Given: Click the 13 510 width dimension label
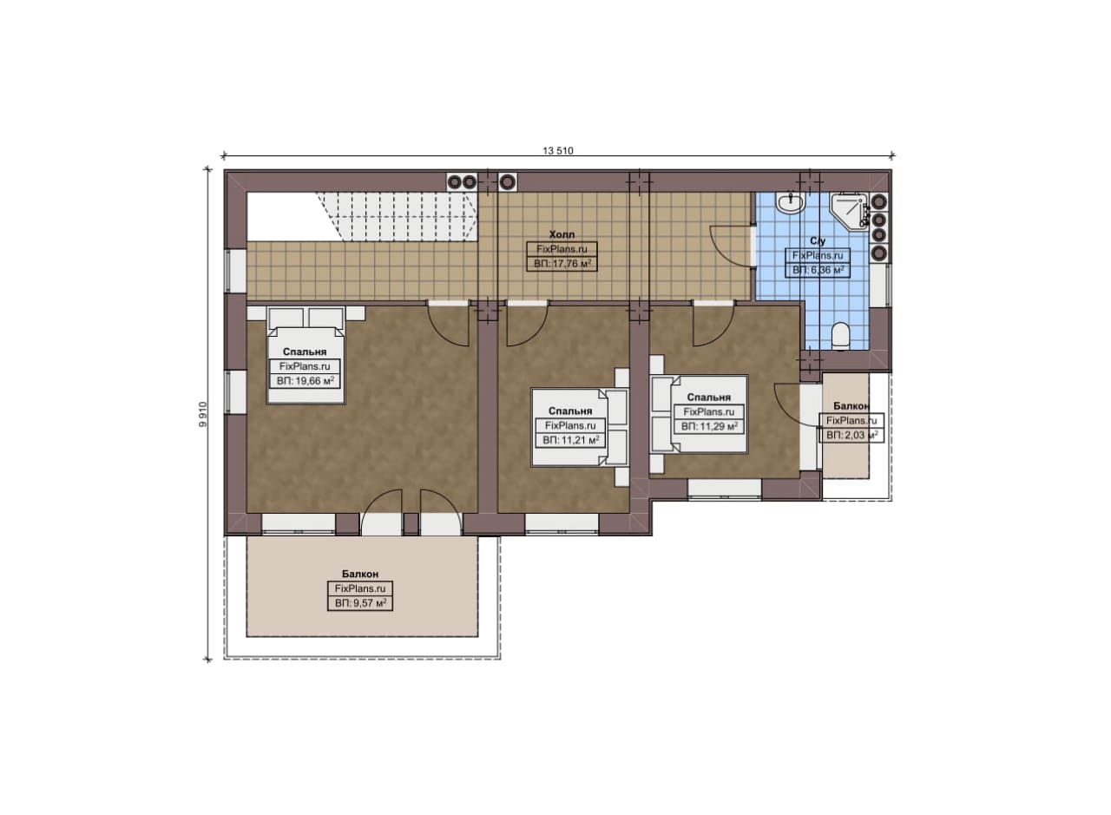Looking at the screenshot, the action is [557, 150].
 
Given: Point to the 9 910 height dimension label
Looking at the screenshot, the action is [202, 414].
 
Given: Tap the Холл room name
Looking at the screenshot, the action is [562, 234].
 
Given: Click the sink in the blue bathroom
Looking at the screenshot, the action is [790, 203].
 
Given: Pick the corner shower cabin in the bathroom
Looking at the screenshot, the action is [850, 210].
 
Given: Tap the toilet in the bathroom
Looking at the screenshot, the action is [840, 335].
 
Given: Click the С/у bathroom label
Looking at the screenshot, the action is [818, 241].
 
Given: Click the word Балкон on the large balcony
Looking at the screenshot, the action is [360, 574].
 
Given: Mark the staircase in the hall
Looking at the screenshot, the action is [396, 217].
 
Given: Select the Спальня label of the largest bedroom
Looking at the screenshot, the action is [305, 352].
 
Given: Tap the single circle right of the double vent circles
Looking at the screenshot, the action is [508, 182].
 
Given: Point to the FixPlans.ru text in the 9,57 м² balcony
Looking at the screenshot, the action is [360, 588].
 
